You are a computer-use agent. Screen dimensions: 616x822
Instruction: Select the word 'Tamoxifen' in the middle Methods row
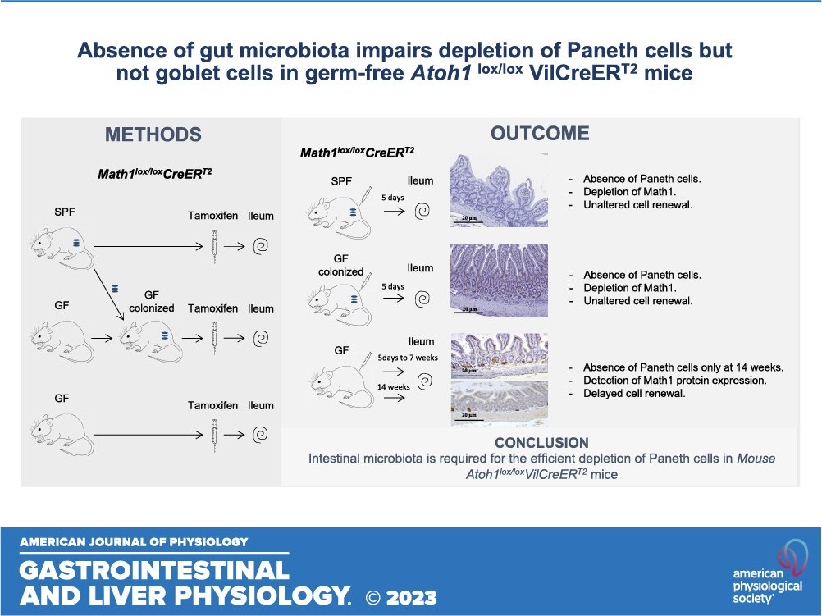214,308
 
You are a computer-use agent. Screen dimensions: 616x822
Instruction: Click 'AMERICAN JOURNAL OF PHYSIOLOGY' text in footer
134,541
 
